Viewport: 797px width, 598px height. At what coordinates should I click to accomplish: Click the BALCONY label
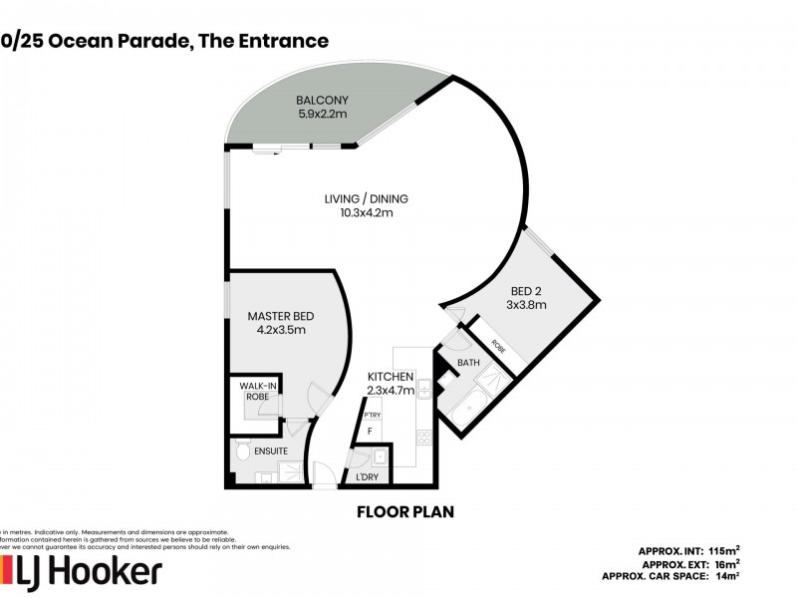[x=321, y=101]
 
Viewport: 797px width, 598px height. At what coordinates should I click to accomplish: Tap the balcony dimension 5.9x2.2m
[x=321, y=114]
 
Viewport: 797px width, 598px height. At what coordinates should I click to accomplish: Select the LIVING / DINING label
[x=367, y=198]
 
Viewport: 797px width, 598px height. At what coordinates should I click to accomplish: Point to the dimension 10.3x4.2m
[x=367, y=212]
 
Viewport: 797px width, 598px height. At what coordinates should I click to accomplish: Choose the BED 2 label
[x=526, y=292]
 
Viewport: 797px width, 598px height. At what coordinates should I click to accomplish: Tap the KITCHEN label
[x=391, y=376]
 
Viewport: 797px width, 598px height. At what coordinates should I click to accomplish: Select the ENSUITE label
[x=270, y=451]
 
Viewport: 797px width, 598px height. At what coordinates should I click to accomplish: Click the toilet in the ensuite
[x=243, y=453]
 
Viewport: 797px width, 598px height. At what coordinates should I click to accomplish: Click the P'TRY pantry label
[x=373, y=415]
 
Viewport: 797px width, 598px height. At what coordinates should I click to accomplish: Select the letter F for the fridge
[x=371, y=431]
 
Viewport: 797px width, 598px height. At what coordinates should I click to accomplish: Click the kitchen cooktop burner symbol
[x=423, y=436]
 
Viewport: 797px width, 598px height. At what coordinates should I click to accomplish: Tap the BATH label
[x=468, y=364]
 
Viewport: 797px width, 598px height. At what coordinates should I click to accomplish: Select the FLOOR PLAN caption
[x=405, y=512]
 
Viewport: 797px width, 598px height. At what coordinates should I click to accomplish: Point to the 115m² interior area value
[x=724, y=550]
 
